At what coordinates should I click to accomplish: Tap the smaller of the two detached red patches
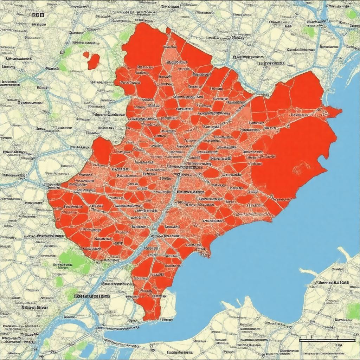tap(86, 54)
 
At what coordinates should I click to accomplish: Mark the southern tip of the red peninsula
tap(149, 318)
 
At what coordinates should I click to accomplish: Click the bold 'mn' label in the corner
tap(38, 15)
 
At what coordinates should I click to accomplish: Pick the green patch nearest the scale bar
tap(353, 310)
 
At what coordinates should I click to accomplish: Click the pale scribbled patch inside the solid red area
tap(301, 168)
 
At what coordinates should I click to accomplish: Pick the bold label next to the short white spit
tap(332, 282)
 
